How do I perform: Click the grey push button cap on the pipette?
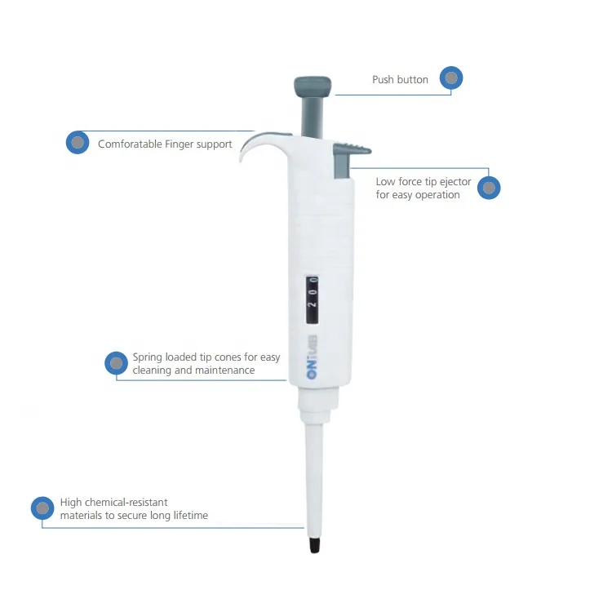313,84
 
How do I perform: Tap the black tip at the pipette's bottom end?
315,545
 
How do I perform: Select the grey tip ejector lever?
351,150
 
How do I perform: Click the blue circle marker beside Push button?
451,78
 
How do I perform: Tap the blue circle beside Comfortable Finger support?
78,143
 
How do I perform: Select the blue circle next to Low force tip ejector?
489,188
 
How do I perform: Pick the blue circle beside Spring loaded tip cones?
117,363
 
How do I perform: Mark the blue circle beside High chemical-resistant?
42,508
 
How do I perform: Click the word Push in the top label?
383,80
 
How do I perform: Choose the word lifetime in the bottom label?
187,516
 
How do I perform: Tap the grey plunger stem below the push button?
313,114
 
